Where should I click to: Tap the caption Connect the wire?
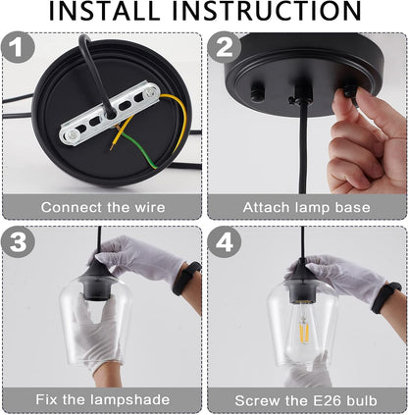[x=101, y=208]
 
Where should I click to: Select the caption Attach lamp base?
[x=305, y=208]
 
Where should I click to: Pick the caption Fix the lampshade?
[x=101, y=399]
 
